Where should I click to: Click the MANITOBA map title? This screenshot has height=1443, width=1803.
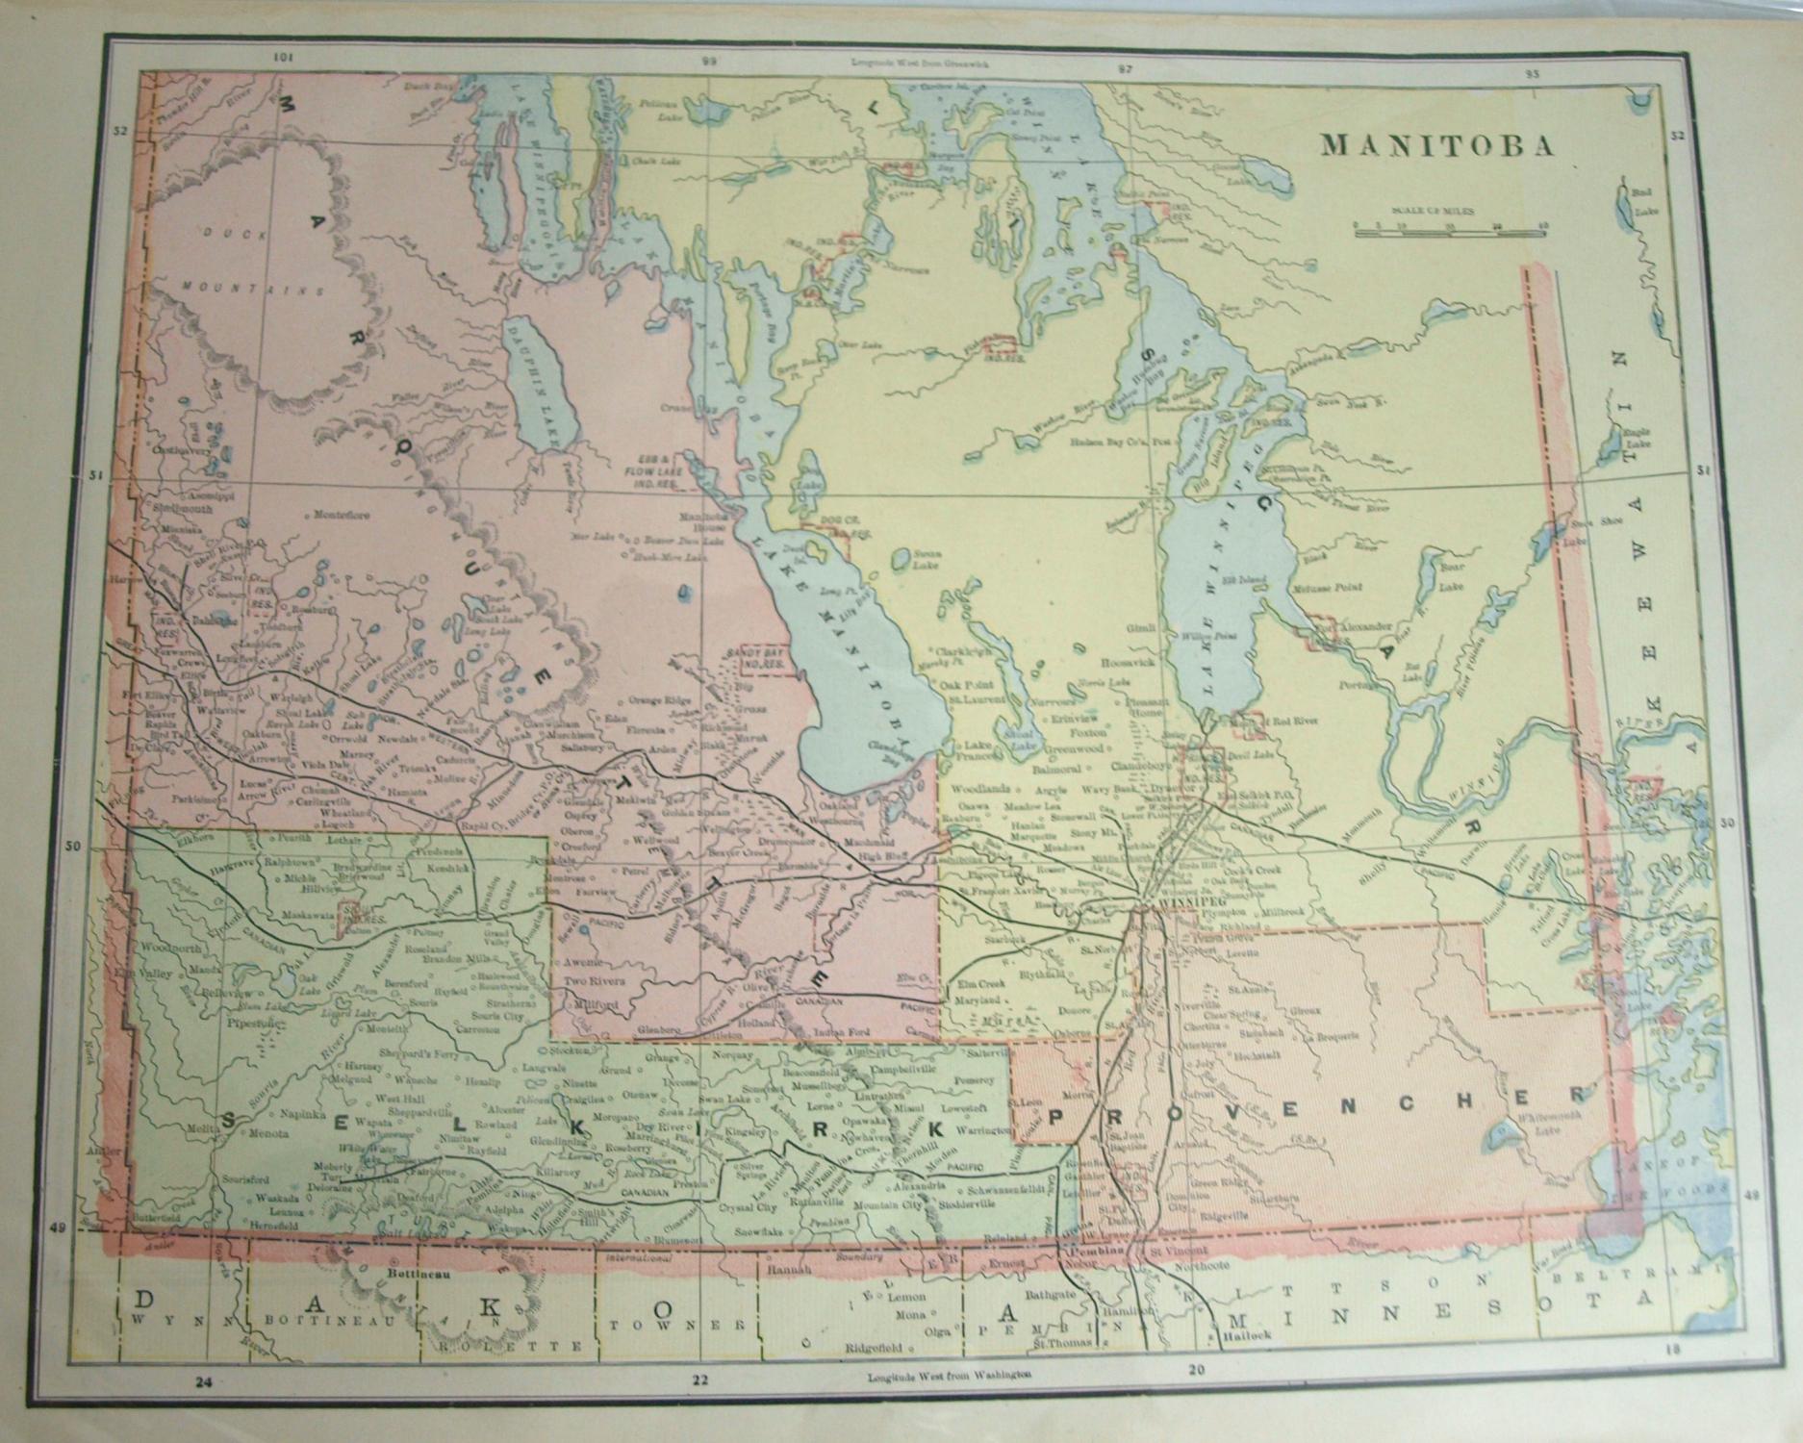pos(1437,145)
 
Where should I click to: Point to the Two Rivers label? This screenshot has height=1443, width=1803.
pos(594,981)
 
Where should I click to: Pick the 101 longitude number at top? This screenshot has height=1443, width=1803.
pos(282,58)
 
